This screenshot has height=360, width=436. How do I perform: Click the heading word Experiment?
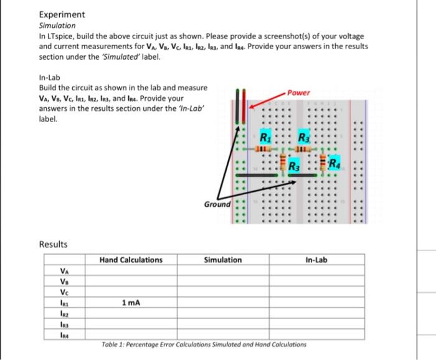coord(62,14)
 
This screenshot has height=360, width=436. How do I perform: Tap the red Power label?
coord(299,93)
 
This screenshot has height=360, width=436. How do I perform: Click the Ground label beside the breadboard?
coord(217,204)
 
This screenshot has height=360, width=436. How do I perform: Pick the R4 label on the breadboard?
coord(336,164)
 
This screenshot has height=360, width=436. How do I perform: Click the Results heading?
coord(53,244)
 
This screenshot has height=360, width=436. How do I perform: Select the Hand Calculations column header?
coord(131,260)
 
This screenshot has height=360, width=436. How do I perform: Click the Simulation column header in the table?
coord(222,260)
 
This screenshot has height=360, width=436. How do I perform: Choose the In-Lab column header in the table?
coord(316,260)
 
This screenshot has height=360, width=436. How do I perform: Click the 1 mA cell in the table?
coord(131,303)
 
